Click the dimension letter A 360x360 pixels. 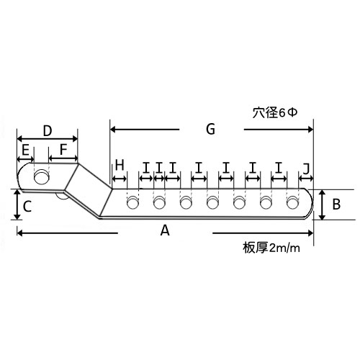165,230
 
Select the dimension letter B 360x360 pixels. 336,204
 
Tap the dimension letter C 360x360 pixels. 27,206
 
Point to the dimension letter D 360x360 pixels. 48,131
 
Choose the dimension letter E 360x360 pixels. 25,150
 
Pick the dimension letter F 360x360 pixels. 63,149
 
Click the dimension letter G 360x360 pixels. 210,129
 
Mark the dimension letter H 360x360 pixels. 120,165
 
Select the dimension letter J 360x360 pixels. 306,168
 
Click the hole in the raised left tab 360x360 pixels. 42,177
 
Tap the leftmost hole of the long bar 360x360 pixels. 132,202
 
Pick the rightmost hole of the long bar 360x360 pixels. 292,202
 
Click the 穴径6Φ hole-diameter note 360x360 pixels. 275,112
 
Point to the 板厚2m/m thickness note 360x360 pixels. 271,248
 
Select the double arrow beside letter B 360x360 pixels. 323,204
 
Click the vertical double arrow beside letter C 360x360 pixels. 17,204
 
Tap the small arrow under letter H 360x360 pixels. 120,179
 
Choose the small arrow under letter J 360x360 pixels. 306,179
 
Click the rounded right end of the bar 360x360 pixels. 310,204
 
